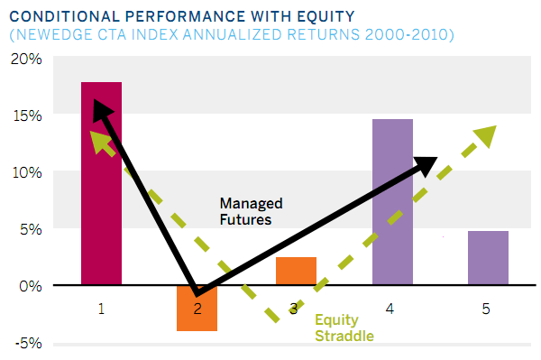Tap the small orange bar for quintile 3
pos(296,271)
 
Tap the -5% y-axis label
pos(26,343)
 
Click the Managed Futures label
pos(251,211)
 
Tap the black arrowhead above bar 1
pos(103,113)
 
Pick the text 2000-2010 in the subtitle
pos(410,35)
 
